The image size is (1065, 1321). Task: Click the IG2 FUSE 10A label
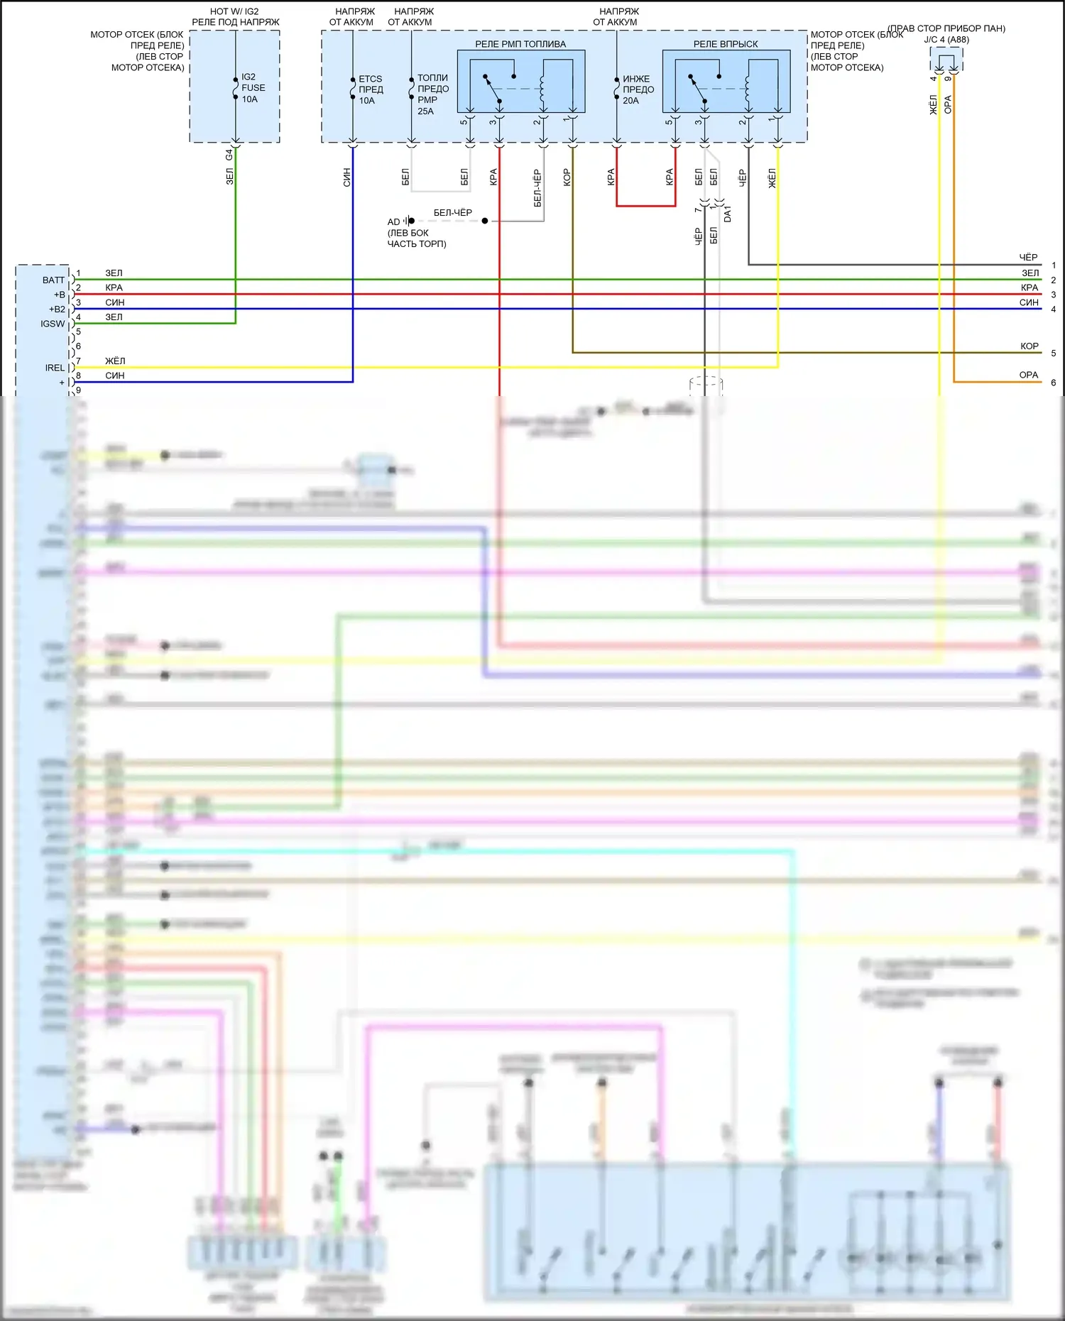pos(253,88)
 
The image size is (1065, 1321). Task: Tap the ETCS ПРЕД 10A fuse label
pos(370,89)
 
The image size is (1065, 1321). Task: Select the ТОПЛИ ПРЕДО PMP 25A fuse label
pos(432,94)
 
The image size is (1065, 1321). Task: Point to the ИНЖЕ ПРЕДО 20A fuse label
pos(638,89)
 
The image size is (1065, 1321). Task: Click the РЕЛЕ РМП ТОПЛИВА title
pos(520,44)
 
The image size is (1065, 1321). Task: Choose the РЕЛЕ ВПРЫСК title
pos(725,44)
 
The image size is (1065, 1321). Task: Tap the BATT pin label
pos(53,280)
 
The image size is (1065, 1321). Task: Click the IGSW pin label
pos(53,324)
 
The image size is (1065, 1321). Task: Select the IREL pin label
pos(55,368)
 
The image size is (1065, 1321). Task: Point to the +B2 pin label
pos(57,309)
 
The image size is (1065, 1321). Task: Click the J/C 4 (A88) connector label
pos(946,40)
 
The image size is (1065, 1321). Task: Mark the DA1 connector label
pos(728,214)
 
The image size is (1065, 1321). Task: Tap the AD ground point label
pos(393,222)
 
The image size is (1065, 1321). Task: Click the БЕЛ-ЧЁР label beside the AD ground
pos(452,212)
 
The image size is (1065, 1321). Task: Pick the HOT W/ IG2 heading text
pos(234,11)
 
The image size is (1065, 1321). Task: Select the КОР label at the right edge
pos(1029,346)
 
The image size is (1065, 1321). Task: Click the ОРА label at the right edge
pos(1028,376)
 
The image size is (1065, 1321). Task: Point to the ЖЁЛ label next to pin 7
pos(115,361)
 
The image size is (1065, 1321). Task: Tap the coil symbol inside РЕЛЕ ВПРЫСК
pos(747,89)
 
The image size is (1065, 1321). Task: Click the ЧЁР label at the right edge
pos(1028,258)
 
